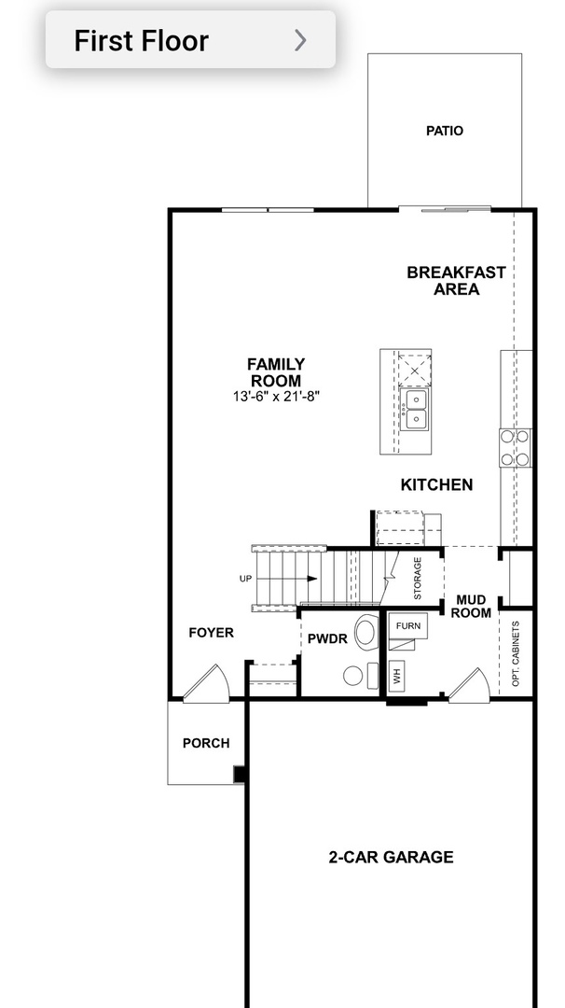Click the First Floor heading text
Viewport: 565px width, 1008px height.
click(141, 41)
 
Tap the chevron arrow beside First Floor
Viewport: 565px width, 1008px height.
click(300, 40)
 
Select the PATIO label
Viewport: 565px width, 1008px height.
click(444, 131)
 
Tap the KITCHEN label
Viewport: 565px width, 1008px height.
click(436, 485)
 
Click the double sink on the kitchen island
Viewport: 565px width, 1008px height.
click(413, 410)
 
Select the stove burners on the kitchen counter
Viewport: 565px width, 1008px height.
click(516, 447)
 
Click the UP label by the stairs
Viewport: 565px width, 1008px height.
click(245, 579)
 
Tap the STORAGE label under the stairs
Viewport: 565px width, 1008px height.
click(418, 579)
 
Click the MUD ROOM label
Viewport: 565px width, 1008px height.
click(471, 606)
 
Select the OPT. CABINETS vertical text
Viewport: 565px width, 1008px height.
click(516, 653)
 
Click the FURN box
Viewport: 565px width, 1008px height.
click(407, 625)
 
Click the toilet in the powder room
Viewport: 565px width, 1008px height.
click(366, 632)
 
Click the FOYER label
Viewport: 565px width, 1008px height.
click(211, 633)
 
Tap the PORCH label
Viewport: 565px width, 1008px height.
click(205, 744)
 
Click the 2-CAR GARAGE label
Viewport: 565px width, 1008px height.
click(391, 857)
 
